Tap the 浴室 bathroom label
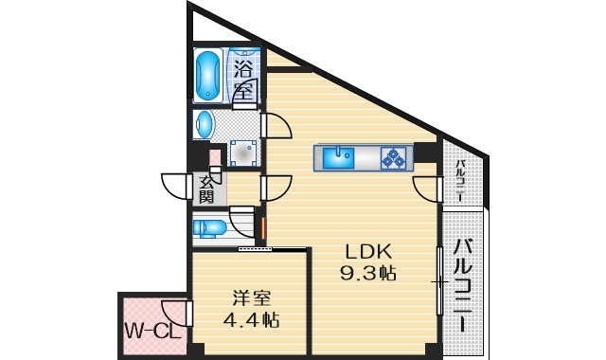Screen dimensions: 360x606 click(x=244, y=80)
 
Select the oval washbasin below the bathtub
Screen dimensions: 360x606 click(x=205, y=124)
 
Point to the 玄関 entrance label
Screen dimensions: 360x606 click(x=206, y=188)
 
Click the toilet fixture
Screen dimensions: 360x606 click(x=210, y=227)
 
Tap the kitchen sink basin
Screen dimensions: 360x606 click(x=337, y=156)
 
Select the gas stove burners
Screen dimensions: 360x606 click(x=393, y=157)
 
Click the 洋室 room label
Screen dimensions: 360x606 click(x=243, y=297)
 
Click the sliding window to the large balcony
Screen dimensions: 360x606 click(x=438, y=281)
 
